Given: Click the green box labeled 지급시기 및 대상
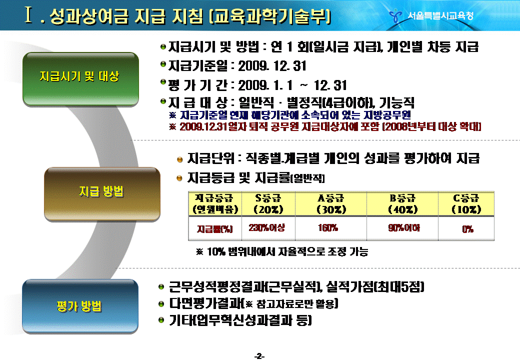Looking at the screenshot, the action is click(80, 79).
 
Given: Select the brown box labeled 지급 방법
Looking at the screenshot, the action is click(102, 194).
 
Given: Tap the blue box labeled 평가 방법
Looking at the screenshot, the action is click(80, 306).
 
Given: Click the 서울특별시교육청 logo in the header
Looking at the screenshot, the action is click(431, 15).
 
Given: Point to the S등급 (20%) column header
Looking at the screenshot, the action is click(268, 204).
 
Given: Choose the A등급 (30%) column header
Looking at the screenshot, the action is click(331, 204).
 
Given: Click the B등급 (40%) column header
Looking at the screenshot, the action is click(402, 204).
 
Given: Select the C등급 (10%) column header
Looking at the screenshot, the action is click(466, 204).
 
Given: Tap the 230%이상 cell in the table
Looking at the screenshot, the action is click(266, 227).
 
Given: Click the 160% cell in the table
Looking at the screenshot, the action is click(328, 227).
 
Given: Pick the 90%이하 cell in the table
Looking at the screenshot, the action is click(404, 227).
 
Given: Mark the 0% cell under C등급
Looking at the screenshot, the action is click(467, 229).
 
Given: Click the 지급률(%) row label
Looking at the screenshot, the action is click(215, 229).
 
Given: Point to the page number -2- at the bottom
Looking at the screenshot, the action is click(259, 356).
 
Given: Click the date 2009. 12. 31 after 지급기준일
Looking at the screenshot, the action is click(272, 65).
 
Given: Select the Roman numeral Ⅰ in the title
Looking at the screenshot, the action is click(28, 15).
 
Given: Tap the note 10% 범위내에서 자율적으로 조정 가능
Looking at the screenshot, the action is click(282, 251).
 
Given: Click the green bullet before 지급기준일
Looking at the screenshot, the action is click(163, 63).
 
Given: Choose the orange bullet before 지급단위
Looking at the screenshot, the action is click(179, 160).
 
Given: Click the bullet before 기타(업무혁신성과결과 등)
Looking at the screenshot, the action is click(161, 320).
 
